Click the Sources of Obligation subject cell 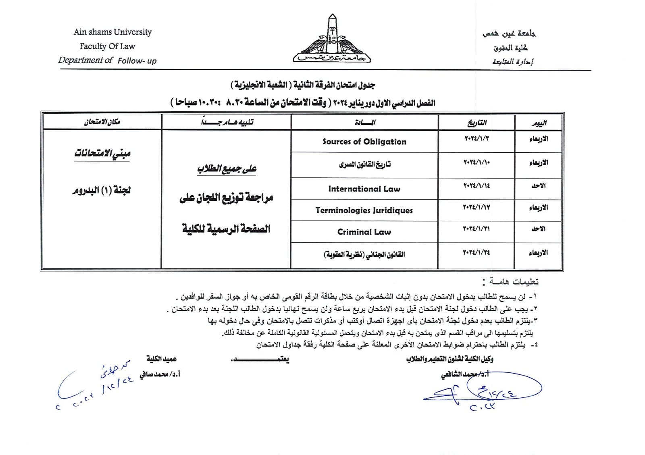364,141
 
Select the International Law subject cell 364,189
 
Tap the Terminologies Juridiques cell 364,210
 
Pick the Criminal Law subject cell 364,232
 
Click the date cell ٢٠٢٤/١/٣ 476,138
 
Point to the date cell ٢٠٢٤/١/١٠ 476,162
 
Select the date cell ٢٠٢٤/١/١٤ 476,186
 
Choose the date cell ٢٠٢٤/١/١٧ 476,207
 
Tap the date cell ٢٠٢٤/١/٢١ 476,229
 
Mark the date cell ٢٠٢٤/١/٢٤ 476,253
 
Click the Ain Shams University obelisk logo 332,40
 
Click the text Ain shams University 112,32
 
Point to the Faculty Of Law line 107,46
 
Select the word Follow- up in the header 137,61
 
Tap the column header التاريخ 476,123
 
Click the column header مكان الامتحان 102,122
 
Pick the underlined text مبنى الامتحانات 102,154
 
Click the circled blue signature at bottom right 492,389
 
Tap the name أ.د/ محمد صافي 160,374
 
